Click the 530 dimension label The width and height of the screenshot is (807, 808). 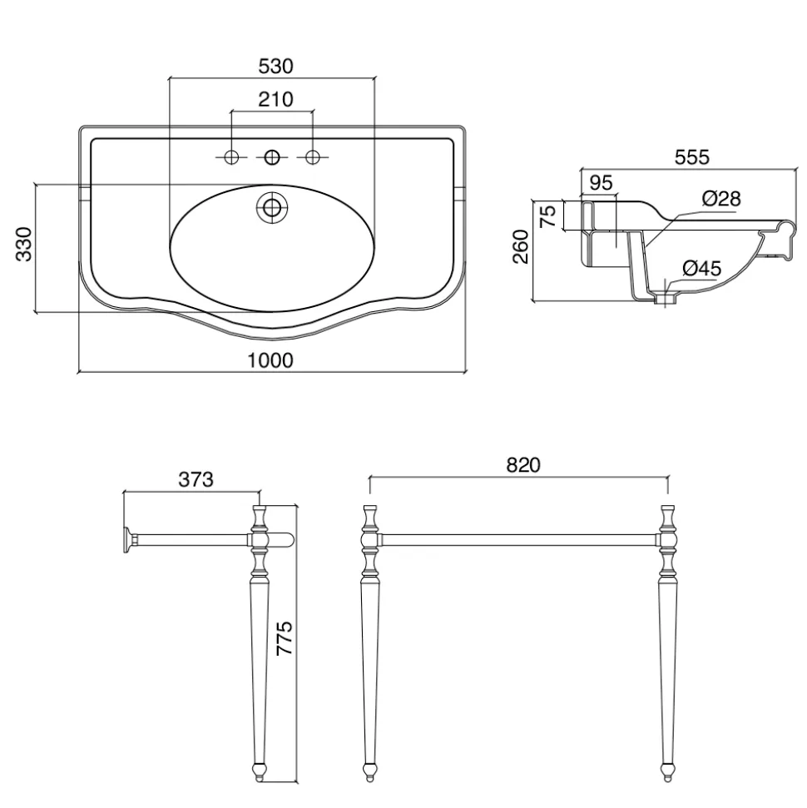click(275, 67)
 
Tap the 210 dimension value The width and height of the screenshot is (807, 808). click(275, 100)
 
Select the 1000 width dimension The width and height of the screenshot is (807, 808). click(270, 360)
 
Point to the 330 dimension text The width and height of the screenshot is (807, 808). click(24, 244)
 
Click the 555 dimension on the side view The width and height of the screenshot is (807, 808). click(692, 157)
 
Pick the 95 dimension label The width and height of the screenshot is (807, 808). click(601, 183)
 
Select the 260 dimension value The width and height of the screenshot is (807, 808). click(521, 247)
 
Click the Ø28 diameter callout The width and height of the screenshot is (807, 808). click(721, 198)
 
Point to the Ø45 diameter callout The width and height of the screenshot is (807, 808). click(702, 269)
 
